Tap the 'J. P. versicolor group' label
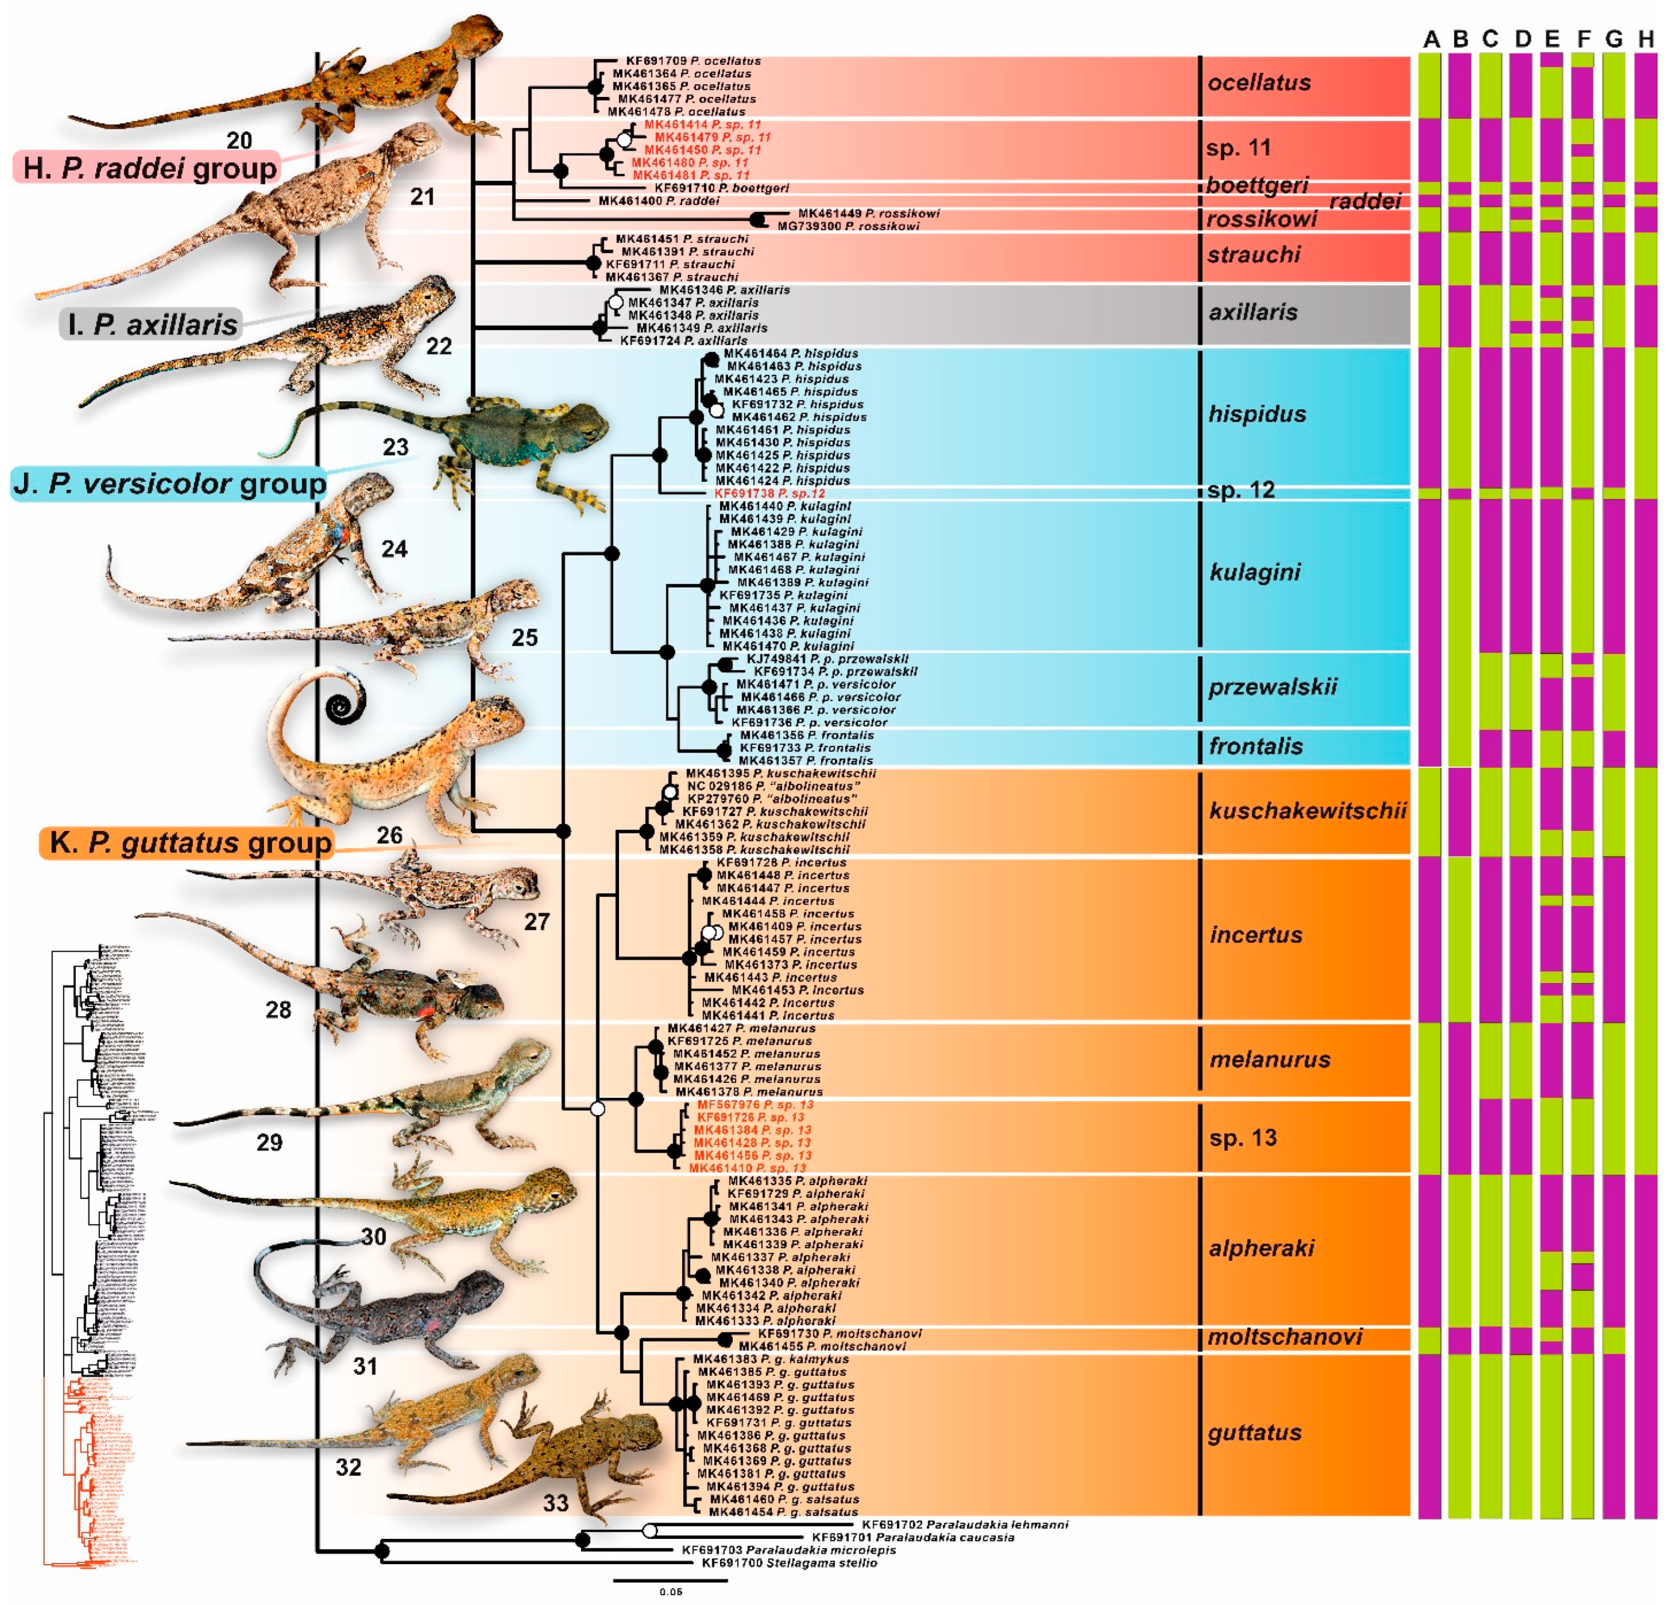169,484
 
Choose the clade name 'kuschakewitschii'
1307,810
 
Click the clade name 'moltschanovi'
1284,1336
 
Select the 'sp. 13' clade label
1242,1137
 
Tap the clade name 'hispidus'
1257,414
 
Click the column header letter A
1431,39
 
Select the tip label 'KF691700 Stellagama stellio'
789,1562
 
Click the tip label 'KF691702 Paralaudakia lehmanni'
964,1524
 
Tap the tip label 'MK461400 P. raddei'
658,201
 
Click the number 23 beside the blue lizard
395,446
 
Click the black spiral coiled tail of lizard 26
346,707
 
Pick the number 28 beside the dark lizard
279,1010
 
